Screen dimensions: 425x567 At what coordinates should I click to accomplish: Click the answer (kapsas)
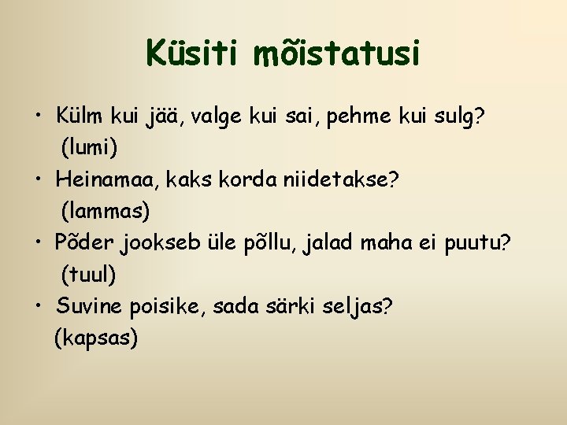(96, 338)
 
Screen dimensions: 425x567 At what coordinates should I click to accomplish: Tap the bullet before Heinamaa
(39, 180)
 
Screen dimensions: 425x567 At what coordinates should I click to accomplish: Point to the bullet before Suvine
(39, 307)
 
